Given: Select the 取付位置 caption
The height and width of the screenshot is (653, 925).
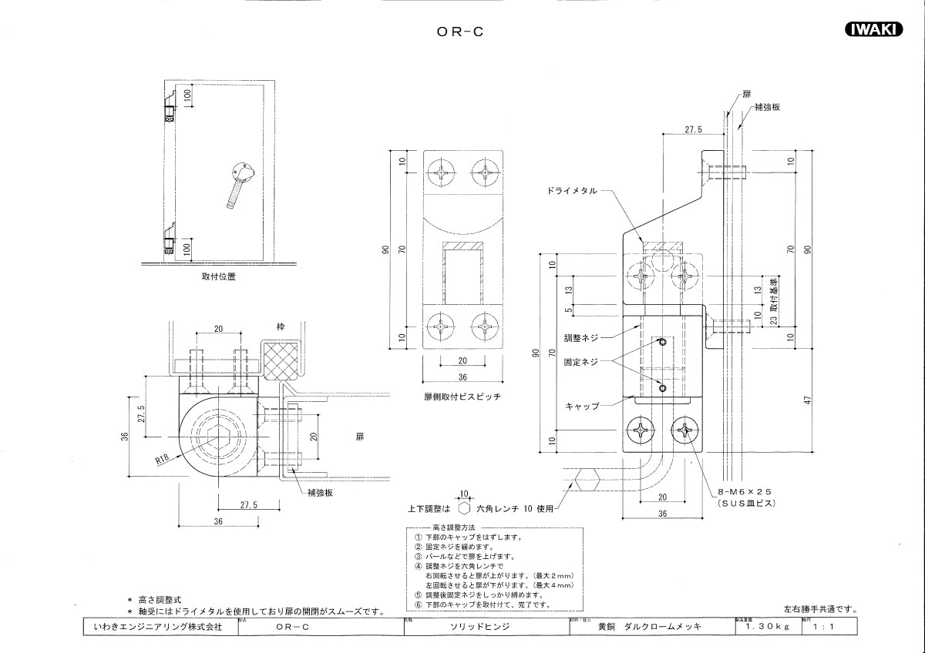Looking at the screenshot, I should (219, 277).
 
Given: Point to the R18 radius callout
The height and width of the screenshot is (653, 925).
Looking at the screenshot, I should (163, 460).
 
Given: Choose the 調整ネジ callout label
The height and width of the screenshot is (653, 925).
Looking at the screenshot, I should (581, 337).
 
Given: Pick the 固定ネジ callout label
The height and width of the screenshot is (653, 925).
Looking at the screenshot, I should (581, 360).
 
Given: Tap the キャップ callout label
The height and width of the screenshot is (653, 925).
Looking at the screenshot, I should (582, 405).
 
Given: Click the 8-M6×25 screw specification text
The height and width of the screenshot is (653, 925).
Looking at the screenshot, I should (745, 491).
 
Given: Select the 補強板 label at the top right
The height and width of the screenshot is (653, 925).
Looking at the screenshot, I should (767, 107).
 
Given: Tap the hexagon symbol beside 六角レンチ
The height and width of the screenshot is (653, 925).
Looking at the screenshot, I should (464, 508).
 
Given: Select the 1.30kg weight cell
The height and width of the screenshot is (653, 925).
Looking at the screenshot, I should (768, 628).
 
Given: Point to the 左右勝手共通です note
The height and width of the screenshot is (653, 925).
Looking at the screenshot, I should (820, 610).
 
